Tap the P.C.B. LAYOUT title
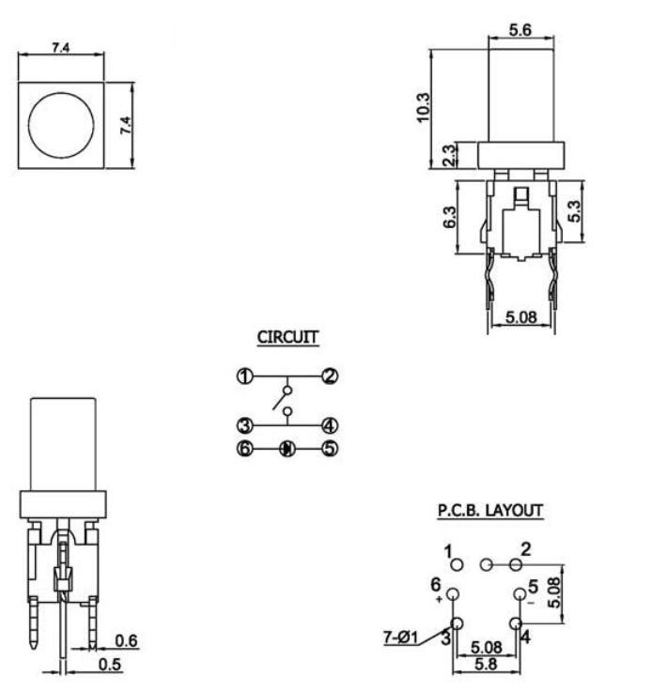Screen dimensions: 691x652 coord(489,511)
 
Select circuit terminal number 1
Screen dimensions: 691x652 coord(244,377)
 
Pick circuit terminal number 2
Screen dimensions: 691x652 coord(330,377)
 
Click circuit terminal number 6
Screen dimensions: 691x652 coord(244,449)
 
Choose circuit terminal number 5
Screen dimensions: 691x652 coord(330,449)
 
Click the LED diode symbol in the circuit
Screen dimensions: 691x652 coord(287,449)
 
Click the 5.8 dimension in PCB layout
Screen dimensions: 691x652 coord(486,663)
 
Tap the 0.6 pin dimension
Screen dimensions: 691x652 coord(124,640)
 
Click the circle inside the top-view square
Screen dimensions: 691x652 coord(61,126)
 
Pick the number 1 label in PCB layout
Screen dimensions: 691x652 coord(449,550)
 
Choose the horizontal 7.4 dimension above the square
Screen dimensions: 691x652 coord(60,47)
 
